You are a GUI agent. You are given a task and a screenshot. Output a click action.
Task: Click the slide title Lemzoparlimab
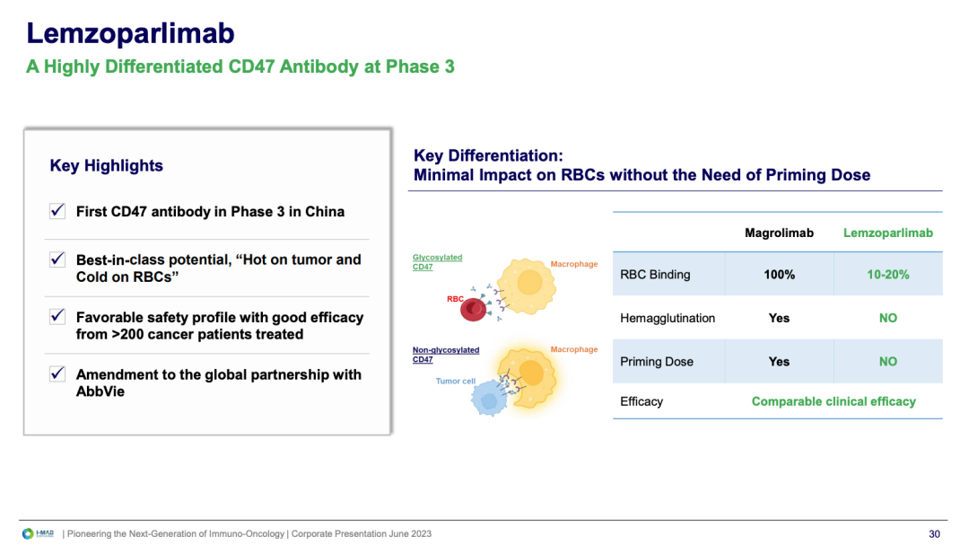pos(130,33)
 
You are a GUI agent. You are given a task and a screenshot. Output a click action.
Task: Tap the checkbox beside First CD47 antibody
pos(57,211)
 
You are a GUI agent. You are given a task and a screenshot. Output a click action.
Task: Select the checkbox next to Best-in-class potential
pos(57,259)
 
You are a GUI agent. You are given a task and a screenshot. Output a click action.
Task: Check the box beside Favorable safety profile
pos(57,317)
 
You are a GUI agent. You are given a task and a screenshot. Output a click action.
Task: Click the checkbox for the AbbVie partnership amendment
pos(57,374)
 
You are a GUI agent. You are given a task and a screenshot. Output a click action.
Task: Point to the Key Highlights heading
pos(106,166)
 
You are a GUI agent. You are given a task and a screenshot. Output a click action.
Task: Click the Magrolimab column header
pos(779,233)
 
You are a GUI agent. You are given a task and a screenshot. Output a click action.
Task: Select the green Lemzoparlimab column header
pos(888,233)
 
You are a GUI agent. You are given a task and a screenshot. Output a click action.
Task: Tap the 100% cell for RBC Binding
pos(780,275)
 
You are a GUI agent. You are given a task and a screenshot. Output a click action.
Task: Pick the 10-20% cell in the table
pos(888,275)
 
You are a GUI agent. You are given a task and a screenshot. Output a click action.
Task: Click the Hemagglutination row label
pos(668,318)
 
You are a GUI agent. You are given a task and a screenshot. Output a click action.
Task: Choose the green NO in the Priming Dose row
pos(888,361)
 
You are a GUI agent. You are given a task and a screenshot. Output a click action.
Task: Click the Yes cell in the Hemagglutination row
pos(779,318)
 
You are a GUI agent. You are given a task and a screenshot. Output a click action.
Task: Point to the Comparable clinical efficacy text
pos(834,401)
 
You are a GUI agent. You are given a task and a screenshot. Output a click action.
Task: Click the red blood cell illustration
pos(474,309)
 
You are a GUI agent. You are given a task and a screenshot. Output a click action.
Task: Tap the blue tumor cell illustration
pos(490,399)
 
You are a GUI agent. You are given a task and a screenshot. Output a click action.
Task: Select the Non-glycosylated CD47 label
pos(446,355)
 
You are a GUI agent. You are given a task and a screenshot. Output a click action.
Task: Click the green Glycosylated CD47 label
pos(437,261)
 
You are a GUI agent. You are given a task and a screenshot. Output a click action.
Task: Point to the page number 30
pos(934,534)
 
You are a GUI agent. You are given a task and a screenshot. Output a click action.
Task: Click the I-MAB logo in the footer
pos(38,533)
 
